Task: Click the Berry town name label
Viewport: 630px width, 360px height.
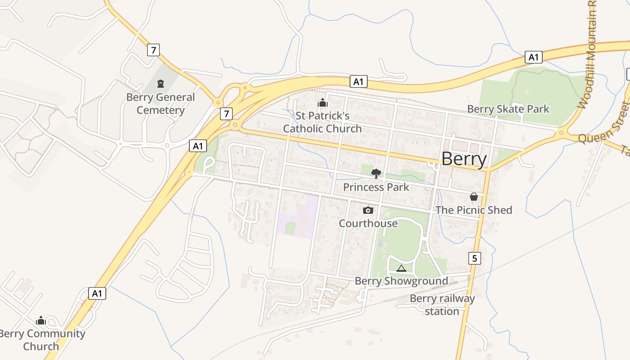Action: [x=464, y=159]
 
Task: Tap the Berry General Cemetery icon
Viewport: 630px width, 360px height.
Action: [x=160, y=83]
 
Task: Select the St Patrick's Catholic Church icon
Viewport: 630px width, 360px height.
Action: [x=322, y=103]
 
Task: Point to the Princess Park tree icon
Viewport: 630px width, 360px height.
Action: [x=376, y=173]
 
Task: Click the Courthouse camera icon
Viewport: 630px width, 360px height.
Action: [x=368, y=210]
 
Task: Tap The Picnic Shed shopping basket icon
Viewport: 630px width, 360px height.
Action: [x=473, y=197]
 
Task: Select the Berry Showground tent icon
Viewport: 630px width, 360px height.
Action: [x=401, y=268]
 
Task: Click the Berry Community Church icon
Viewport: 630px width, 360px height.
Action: [x=41, y=320]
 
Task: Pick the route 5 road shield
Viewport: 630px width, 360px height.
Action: [x=474, y=258]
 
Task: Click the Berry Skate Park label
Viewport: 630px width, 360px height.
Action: [x=508, y=109]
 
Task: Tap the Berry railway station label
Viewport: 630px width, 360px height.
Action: [x=442, y=305]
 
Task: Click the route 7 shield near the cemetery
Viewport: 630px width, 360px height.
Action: [x=153, y=50]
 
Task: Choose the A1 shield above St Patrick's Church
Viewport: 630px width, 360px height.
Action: [x=359, y=81]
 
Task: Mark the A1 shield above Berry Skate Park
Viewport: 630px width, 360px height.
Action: [x=533, y=57]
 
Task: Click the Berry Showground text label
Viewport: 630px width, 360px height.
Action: [x=401, y=281]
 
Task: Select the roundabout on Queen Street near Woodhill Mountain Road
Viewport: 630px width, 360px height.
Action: [x=561, y=132]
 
